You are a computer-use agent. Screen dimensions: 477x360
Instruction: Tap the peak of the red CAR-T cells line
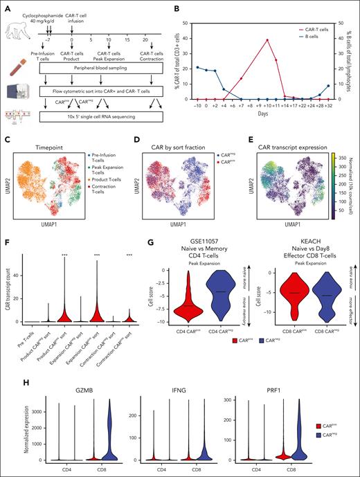click(x=267, y=40)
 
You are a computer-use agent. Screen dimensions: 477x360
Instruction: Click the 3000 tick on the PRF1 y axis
click(x=212, y=400)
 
